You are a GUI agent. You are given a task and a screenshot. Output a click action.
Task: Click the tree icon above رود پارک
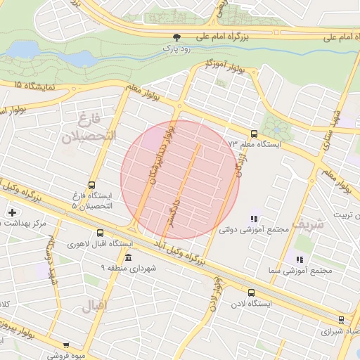coord(176,37)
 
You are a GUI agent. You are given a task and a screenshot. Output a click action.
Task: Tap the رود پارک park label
coord(176,49)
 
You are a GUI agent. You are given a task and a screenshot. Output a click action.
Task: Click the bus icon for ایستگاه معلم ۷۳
coord(253,134)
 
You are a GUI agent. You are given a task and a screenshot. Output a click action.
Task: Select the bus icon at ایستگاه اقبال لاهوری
coord(100,233)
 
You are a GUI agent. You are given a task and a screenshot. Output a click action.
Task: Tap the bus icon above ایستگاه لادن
coord(251,292)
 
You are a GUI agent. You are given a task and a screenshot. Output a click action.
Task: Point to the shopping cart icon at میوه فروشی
coord(66,345)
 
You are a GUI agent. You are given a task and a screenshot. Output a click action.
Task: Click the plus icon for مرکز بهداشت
coord(12,212)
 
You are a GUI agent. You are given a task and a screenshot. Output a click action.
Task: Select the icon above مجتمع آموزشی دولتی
coord(253,219)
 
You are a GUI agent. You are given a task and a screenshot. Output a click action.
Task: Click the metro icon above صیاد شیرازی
coord(341,319)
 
